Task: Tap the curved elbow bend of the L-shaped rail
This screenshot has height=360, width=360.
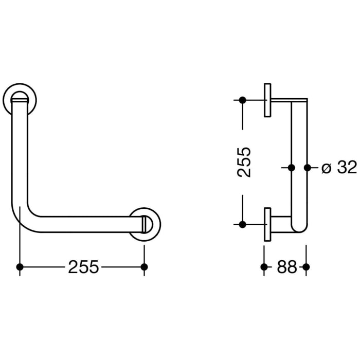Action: point(23,219)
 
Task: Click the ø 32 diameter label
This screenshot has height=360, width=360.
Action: point(338,168)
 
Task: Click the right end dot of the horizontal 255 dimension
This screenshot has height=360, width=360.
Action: point(145,267)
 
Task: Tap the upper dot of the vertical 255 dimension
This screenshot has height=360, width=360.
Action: point(243,100)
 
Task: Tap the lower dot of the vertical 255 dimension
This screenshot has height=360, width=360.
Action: point(243,224)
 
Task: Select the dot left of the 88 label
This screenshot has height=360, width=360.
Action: point(264,267)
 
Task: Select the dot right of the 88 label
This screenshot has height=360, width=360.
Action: point(307,267)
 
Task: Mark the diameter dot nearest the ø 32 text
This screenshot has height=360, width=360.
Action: point(308,168)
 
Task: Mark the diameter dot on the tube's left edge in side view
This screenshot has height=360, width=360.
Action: point(291,168)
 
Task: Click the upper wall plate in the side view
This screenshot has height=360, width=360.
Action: point(267,100)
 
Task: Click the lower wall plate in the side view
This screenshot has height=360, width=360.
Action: point(267,224)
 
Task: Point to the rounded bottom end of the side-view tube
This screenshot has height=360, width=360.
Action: point(299,228)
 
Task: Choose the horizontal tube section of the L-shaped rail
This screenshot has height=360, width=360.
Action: point(82,224)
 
